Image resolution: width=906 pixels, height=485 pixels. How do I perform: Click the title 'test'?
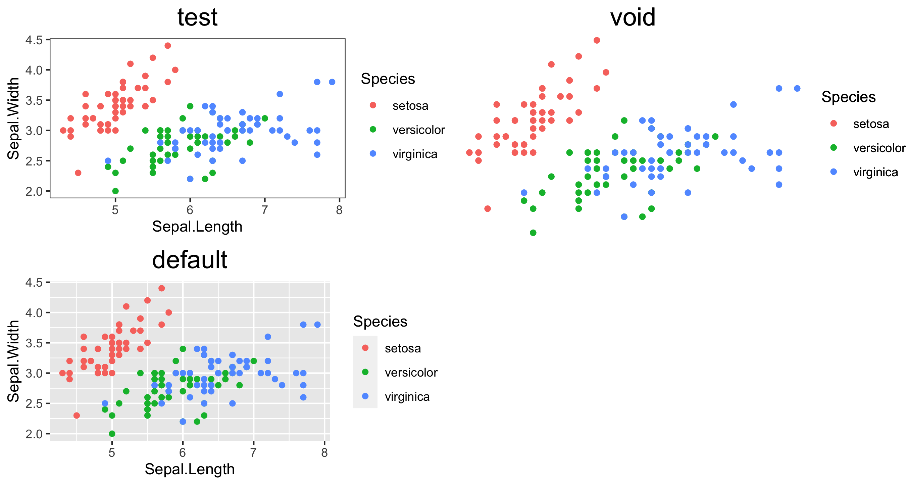tap(197, 17)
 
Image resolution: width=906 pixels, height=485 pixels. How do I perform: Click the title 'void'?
tap(633, 17)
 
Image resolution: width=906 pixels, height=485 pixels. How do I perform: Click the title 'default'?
tap(190, 260)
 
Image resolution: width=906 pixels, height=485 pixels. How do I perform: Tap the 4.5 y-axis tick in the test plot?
tap(34, 40)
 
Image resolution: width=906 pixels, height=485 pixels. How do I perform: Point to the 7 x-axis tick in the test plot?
tap(264, 210)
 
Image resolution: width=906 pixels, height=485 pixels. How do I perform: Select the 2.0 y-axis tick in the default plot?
tap(34, 434)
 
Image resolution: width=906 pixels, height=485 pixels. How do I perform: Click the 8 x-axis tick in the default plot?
tap(324, 452)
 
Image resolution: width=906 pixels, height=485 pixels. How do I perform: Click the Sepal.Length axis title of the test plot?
tap(197, 227)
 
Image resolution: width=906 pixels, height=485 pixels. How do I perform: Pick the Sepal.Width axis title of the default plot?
tap(13, 361)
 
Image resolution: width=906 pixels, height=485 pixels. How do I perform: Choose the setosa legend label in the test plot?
tap(410, 106)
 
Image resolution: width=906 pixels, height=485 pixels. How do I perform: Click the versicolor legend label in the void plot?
tap(879, 148)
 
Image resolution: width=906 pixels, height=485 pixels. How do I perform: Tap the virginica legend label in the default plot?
tap(407, 397)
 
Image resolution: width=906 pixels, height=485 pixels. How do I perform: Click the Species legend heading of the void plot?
tap(848, 97)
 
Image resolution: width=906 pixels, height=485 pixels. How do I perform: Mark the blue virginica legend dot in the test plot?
tap(373, 154)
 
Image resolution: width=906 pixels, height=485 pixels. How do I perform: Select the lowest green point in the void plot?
tap(533, 233)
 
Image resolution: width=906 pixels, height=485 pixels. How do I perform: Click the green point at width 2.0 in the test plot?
tap(115, 191)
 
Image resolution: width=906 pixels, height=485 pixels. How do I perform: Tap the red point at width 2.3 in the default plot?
tap(77, 416)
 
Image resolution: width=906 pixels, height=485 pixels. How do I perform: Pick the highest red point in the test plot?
tap(168, 46)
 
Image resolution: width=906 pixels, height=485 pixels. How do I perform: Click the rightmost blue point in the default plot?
tap(317, 325)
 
